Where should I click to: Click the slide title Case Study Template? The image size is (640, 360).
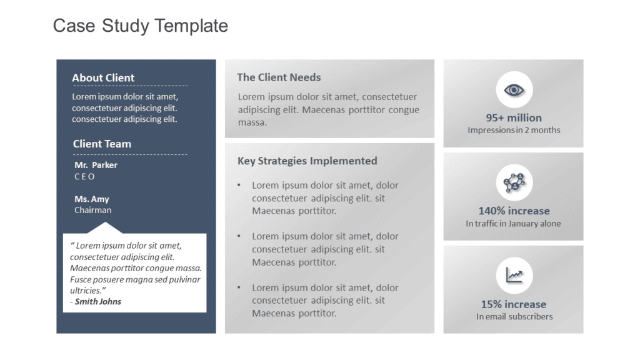pyautogui.click(x=141, y=26)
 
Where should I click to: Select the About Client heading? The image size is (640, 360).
pyautogui.click(x=103, y=78)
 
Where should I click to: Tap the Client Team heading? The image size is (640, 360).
pyautogui.click(x=102, y=144)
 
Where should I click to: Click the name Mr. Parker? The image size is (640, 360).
pyautogui.click(x=96, y=165)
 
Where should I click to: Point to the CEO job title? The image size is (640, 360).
pyautogui.click(x=84, y=177)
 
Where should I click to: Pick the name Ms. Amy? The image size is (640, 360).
pyautogui.click(x=92, y=199)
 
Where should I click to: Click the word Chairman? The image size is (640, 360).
pyautogui.click(x=92, y=210)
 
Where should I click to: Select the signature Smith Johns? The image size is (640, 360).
pyautogui.click(x=98, y=302)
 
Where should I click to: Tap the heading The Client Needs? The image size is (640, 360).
pyautogui.click(x=279, y=77)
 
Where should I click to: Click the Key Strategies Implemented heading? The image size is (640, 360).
pyautogui.click(x=307, y=161)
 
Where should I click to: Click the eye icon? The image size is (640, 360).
pyautogui.click(x=514, y=90)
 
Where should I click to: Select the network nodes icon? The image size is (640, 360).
pyautogui.click(x=514, y=182)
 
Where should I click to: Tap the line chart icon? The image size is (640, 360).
pyautogui.click(x=514, y=275)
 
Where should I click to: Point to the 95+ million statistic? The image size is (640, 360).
pyautogui.click(x=514, y=118)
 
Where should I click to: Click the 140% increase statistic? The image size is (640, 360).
pyautogui.click(x=514, y=211)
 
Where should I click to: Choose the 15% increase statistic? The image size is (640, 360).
pyautogui.click(x=514, y=304)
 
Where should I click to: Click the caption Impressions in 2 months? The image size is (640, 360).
pyautogui.click(x=514, y=130)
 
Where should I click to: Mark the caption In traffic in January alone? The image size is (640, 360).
pyautogui.click(x=514, y=224)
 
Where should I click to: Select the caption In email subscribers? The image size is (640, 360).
pyautogui.click(x=514, y=317)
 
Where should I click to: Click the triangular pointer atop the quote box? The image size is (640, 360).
pyautogui.click(x=105, y=228)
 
